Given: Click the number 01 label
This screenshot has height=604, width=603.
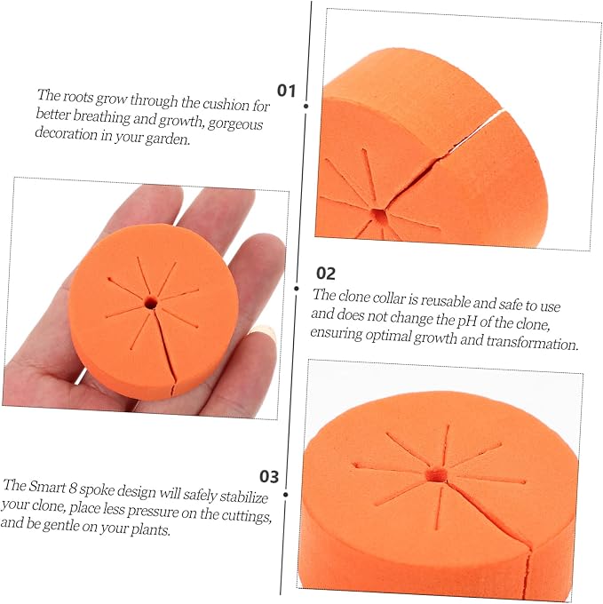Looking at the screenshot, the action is (286, 91).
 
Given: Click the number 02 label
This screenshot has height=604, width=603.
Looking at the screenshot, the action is (326, 273).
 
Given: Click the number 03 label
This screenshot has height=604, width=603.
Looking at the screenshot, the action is (269, 476).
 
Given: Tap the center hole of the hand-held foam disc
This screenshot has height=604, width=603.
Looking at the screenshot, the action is (151, 303).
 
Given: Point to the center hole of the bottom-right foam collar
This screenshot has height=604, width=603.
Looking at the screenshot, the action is (436, 474).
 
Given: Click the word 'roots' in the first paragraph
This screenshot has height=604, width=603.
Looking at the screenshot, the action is (78, 96).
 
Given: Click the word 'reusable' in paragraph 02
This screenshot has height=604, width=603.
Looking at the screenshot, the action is (446, 300).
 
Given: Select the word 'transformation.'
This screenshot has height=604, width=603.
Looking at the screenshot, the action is (532, 342).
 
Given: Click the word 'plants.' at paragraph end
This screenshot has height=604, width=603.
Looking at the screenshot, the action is (151, 529).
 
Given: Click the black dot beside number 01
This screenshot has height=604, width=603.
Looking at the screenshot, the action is (306, 106).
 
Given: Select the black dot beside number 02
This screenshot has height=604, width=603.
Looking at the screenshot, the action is (296, 289).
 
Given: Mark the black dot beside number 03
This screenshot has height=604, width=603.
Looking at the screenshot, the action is (286, 494).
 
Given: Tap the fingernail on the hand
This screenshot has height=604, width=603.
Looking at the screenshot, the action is (263, 332).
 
